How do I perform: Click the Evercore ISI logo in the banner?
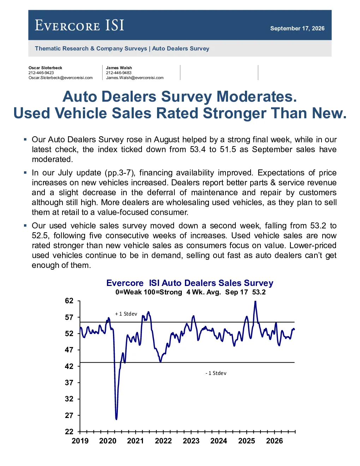[x=79, y=25]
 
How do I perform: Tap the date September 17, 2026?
[x=297, y=28]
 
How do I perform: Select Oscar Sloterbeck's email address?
[x=60, y=78]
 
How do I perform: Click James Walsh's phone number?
[x=119, y=73]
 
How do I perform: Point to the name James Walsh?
[x=119, y=68]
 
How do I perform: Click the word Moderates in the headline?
[x=257, y=96]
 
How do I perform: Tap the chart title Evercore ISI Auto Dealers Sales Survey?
[x=190, y=283]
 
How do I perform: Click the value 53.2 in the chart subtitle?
[x=259, y=292]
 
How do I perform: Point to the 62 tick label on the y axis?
[x=69, y=301]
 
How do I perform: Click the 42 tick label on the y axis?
[x=69, y=366]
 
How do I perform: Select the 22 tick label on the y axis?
[x=69, y=431]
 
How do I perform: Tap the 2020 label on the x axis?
[x=108, y=441]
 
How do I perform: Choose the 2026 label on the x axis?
[x=275, y=441]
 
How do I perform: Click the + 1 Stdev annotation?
[x=126, y=314]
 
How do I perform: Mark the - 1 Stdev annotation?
[x=216, y=373]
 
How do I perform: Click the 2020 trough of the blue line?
[x=116, y=419]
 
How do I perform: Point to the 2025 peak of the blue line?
[x=255, y=301]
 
